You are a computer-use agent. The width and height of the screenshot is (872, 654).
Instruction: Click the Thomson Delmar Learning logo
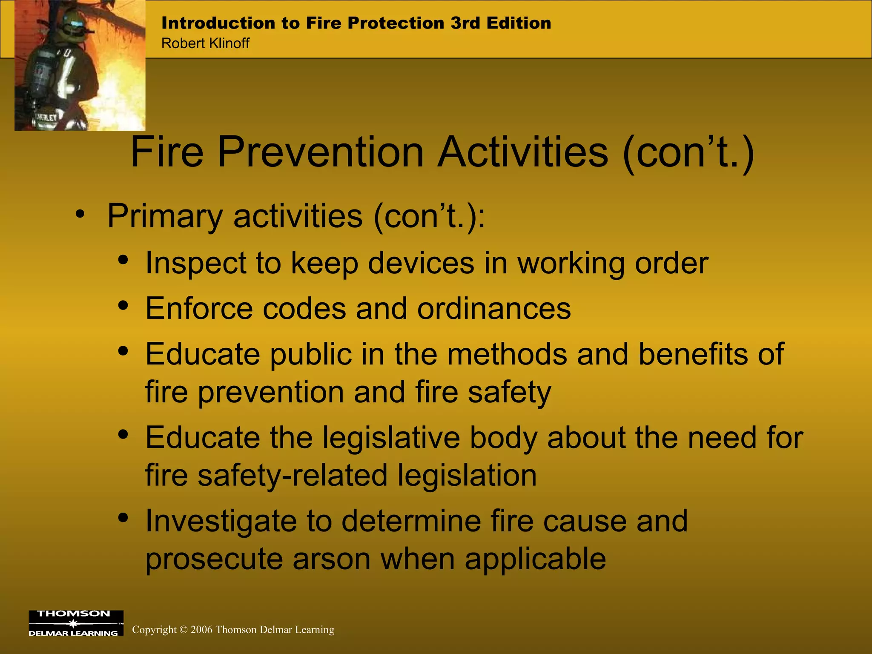pos(76,623)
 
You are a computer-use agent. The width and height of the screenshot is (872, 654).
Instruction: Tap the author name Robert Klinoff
pos(205,43)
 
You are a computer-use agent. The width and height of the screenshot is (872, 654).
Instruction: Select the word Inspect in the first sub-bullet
pos(195,263)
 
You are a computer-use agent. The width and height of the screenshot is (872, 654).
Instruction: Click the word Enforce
pos(199,309)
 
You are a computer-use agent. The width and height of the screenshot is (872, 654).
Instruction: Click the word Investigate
pos(221,522)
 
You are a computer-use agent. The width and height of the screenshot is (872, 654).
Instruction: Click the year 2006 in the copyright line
pos(201,630)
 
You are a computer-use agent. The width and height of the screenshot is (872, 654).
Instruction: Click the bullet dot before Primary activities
pos(80,214)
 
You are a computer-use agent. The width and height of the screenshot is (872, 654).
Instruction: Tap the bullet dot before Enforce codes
pos(123,305)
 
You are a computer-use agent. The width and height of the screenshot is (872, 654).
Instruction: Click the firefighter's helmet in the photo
pos(72,21)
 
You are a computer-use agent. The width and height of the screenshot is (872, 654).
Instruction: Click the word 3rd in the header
pos(465,23)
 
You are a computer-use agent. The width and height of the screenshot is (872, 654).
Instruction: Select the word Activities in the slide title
pos(523,152)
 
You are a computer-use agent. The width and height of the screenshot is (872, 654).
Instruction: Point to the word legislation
pos(467,475)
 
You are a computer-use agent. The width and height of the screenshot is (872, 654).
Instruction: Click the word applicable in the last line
pos(535,559)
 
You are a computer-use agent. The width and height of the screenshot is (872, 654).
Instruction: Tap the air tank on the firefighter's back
pos(40,72)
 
